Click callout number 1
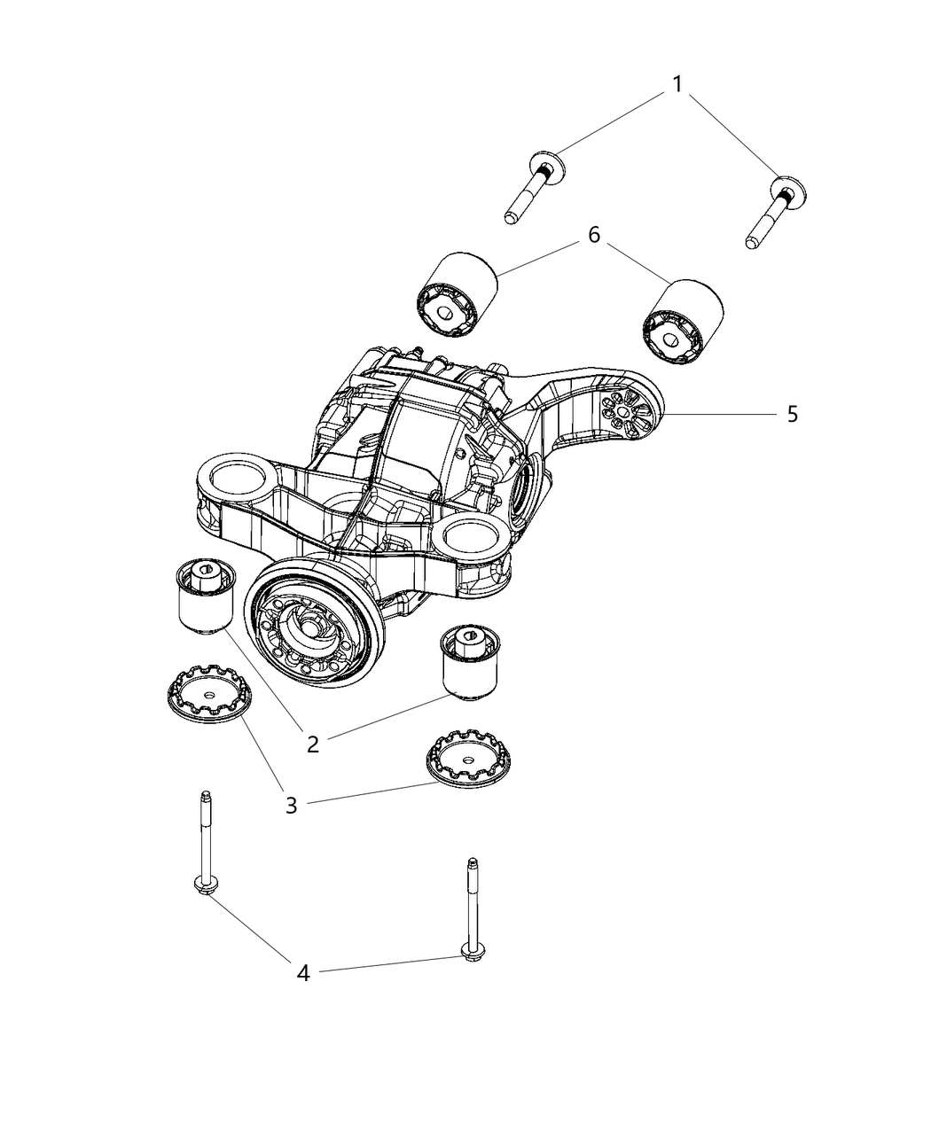point(677,85)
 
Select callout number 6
point(593,235)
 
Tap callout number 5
point(792,414)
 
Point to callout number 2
point(312,743)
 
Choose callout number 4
point(303,973)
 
